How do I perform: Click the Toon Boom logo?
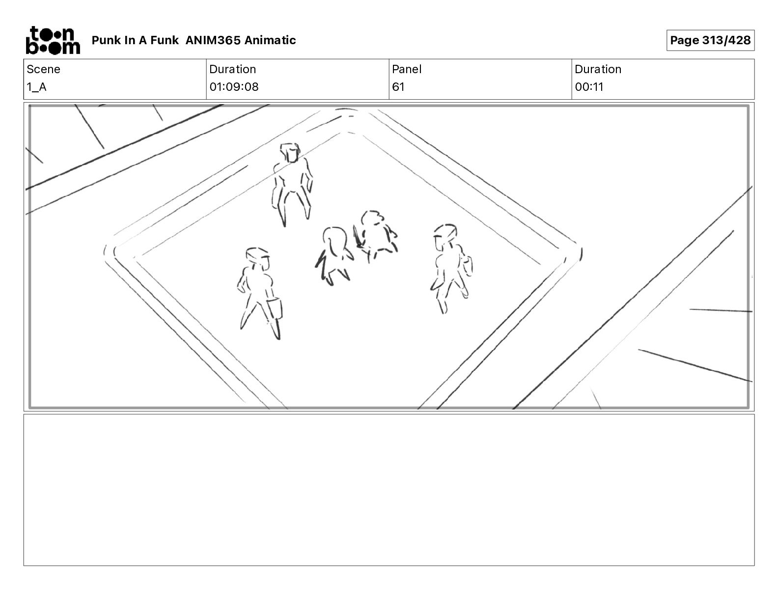(x=53, y=40)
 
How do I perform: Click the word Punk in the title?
(x=106, y=40)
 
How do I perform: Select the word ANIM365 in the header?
(x=213, y=40)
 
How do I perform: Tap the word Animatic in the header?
(x=270, y=40)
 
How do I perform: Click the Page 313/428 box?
(x=710, y=40)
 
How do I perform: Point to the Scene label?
(x=43, y=69)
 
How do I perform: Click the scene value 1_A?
(x=36, y=87)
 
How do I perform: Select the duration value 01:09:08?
(x=234, y=87)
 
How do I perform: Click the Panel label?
(x=406, y=69)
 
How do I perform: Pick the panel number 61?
(x=398, y=87)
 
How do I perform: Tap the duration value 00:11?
(x=589, y=87)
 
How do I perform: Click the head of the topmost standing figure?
(x=290, y=153)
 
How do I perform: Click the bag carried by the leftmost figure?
(x=275, y=308)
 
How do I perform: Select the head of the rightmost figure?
(x=445, y=236)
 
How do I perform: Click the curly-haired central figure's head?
(x=372, y=219)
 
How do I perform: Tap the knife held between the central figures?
(x=358, y=236)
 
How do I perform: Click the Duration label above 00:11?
(x=598, y=69)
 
